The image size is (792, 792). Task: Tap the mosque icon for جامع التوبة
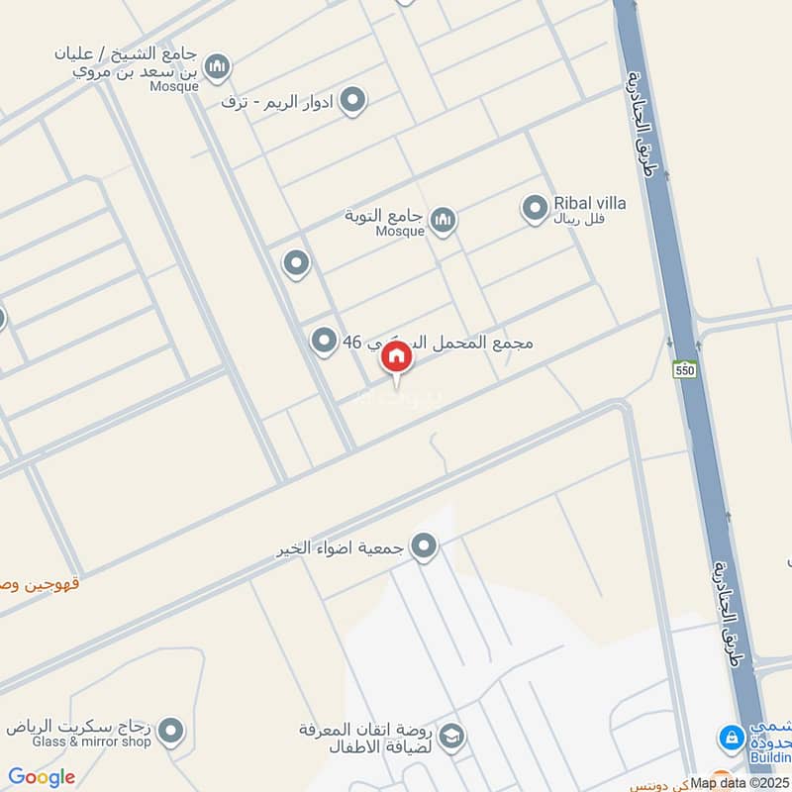pyautogui.click(x=443, y=220)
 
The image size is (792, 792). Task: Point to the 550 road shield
pyautogui.click(x=683, y=370)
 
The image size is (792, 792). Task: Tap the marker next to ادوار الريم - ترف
pyautogui.click(x=352, y=100)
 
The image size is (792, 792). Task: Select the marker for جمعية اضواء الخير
pyautogui.click(x=425, y=546)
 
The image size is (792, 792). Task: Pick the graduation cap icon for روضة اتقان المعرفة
pyautogui.click(x=451, y=736)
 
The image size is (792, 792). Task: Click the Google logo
pyautogui.click(x=42, y=777)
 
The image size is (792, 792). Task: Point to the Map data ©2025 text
pyautogui.click(x=740, y=783)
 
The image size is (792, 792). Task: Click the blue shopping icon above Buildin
pyautogui.click(x=732, y=737)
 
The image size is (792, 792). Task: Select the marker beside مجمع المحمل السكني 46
pyautogui.click(x=324, y=342)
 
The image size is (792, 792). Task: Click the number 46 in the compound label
pyautogui.click(x=351, y=343)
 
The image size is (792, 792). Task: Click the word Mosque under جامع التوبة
pyautogui.click(x=400, y=232)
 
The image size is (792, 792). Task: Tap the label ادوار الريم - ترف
pyautogui.click(x=278, y=101)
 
